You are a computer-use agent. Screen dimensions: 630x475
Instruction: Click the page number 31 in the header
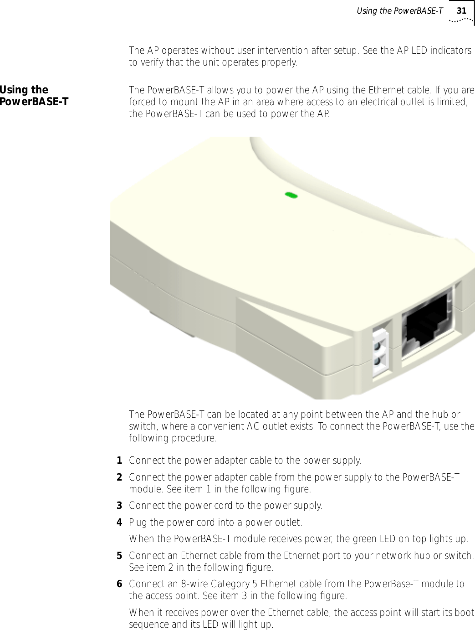[461, 10]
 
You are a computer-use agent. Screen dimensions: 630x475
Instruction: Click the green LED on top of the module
[291, 195]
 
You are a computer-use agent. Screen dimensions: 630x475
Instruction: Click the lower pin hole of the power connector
[378, 362]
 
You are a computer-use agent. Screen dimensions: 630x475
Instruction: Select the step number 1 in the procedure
[119, 461]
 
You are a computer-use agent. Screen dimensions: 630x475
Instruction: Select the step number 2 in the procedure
[119, 477]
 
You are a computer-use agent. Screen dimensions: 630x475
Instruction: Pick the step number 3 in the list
[119, 506]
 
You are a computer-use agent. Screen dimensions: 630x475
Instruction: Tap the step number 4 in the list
[119, 522]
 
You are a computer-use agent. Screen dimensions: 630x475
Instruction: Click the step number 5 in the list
[119, 556]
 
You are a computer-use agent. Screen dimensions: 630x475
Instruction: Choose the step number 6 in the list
[119, 584]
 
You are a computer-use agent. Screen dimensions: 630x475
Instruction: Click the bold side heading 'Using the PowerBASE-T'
[34, 96]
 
